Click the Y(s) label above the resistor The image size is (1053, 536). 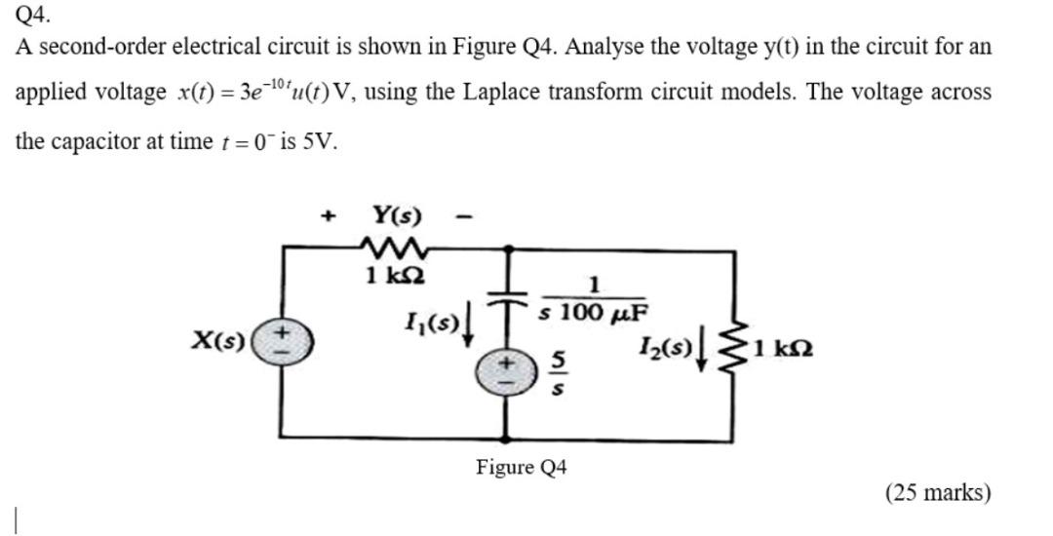pyautogui.click(x=396, y=213)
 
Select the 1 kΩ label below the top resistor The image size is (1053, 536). pyautogui.click(x=392, y=276)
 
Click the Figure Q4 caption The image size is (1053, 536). pyautogui.click(x=522, y=468)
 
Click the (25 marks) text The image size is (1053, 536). pyautogui.click(x=938, y=493)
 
